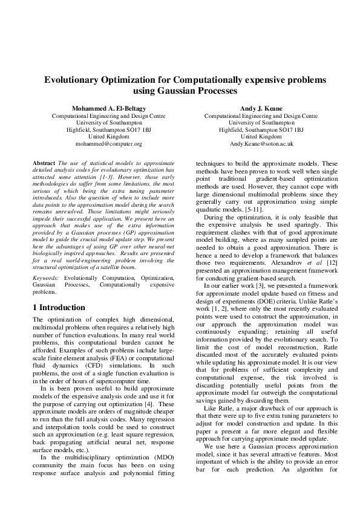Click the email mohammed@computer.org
109,144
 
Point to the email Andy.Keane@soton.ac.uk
261,144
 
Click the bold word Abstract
44,163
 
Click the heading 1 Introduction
59,307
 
